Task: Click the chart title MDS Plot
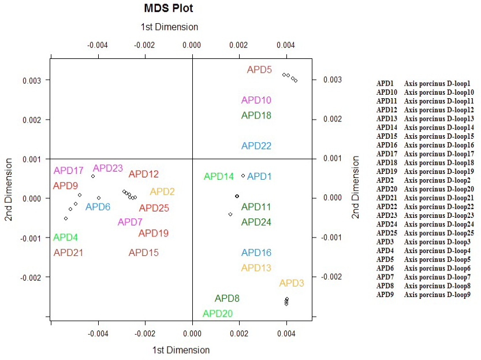click(x=169, y=8)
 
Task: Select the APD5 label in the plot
click(x=259, y=70)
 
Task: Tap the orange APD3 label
click(x=292, y=283)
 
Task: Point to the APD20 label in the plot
click(x=218, y=313)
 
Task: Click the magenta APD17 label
click(x=68, y=170)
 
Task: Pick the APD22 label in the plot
click(x=256, y=146)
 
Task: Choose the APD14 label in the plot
click(x=219, y=176)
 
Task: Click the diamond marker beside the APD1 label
click(x=243, y=176)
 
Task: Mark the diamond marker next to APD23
click(x=93, y=176)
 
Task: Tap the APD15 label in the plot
click(x=144, y=253)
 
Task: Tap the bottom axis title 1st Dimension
click(x=181, y=350)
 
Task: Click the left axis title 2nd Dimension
click(x=8, y=190)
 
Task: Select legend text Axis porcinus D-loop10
click(x=439, y=92)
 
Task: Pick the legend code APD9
click(x=385, y=295)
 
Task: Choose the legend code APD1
click(x=385, y=83)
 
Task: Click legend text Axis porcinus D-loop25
click(x=439, y=233)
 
